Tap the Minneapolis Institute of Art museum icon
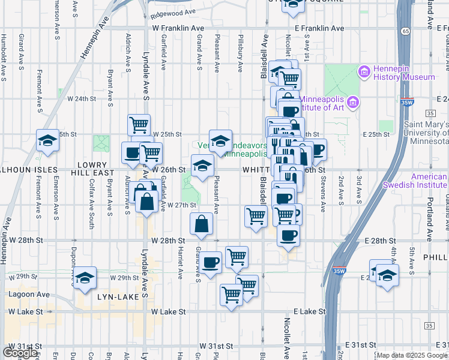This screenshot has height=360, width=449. click(353, 103)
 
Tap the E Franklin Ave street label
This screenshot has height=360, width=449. click(319, 28)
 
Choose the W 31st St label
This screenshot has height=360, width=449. click(23, 346)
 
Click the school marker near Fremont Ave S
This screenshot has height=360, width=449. click(48, 140)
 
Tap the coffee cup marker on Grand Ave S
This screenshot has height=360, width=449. click(211, 262)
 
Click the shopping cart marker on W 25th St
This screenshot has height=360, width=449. click(139, 125)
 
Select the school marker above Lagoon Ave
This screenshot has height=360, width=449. click(85, 278)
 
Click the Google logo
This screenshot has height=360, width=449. click(20, 353)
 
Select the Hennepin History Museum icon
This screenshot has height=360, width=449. click(364, 73)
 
